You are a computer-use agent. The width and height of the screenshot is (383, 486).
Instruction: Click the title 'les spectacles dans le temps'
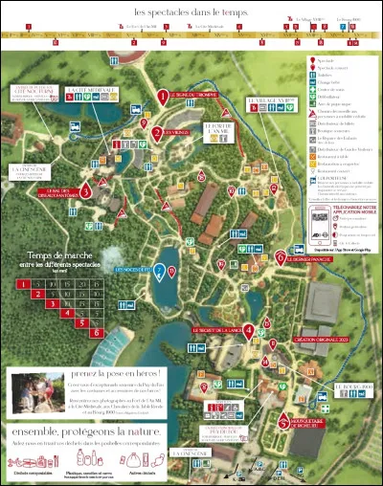coord(191,11)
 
